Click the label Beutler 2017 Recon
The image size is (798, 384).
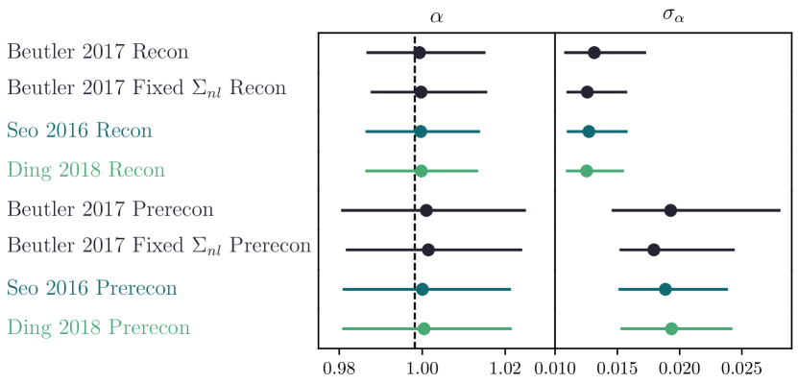[x=98, y=52]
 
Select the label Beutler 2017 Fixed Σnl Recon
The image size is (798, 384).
[x=147, y=88]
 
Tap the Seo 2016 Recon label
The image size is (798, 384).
[x=80, y=131]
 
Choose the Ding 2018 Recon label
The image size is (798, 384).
[x=86, y=170]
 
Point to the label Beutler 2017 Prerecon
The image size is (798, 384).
[x=110, y=208]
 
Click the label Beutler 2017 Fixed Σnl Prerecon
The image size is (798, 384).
[x=159, y=246]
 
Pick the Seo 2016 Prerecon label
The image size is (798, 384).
[x=92, y=287]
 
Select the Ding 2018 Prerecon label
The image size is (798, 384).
[x=99, y=327]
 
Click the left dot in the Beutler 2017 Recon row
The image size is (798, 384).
[x=420, y=53]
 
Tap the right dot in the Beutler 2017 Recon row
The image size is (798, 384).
[x=594, y=53]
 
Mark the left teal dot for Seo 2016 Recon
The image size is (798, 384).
[x=421, y=131]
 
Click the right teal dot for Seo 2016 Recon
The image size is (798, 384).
[x=589, y=131]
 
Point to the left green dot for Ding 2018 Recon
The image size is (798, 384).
[x=422, y=171]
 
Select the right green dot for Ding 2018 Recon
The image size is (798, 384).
[x=587, y=171]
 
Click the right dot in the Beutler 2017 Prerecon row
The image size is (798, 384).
[x=670, y=210]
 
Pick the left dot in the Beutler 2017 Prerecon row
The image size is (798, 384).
[x=426, y=210]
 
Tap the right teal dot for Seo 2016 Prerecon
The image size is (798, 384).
[x=665, y=288]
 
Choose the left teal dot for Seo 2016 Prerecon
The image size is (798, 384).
[x=423, y=288]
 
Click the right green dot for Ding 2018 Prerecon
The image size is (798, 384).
[x=671, y=328]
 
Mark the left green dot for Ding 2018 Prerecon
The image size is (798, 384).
[x=424, y=328]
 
